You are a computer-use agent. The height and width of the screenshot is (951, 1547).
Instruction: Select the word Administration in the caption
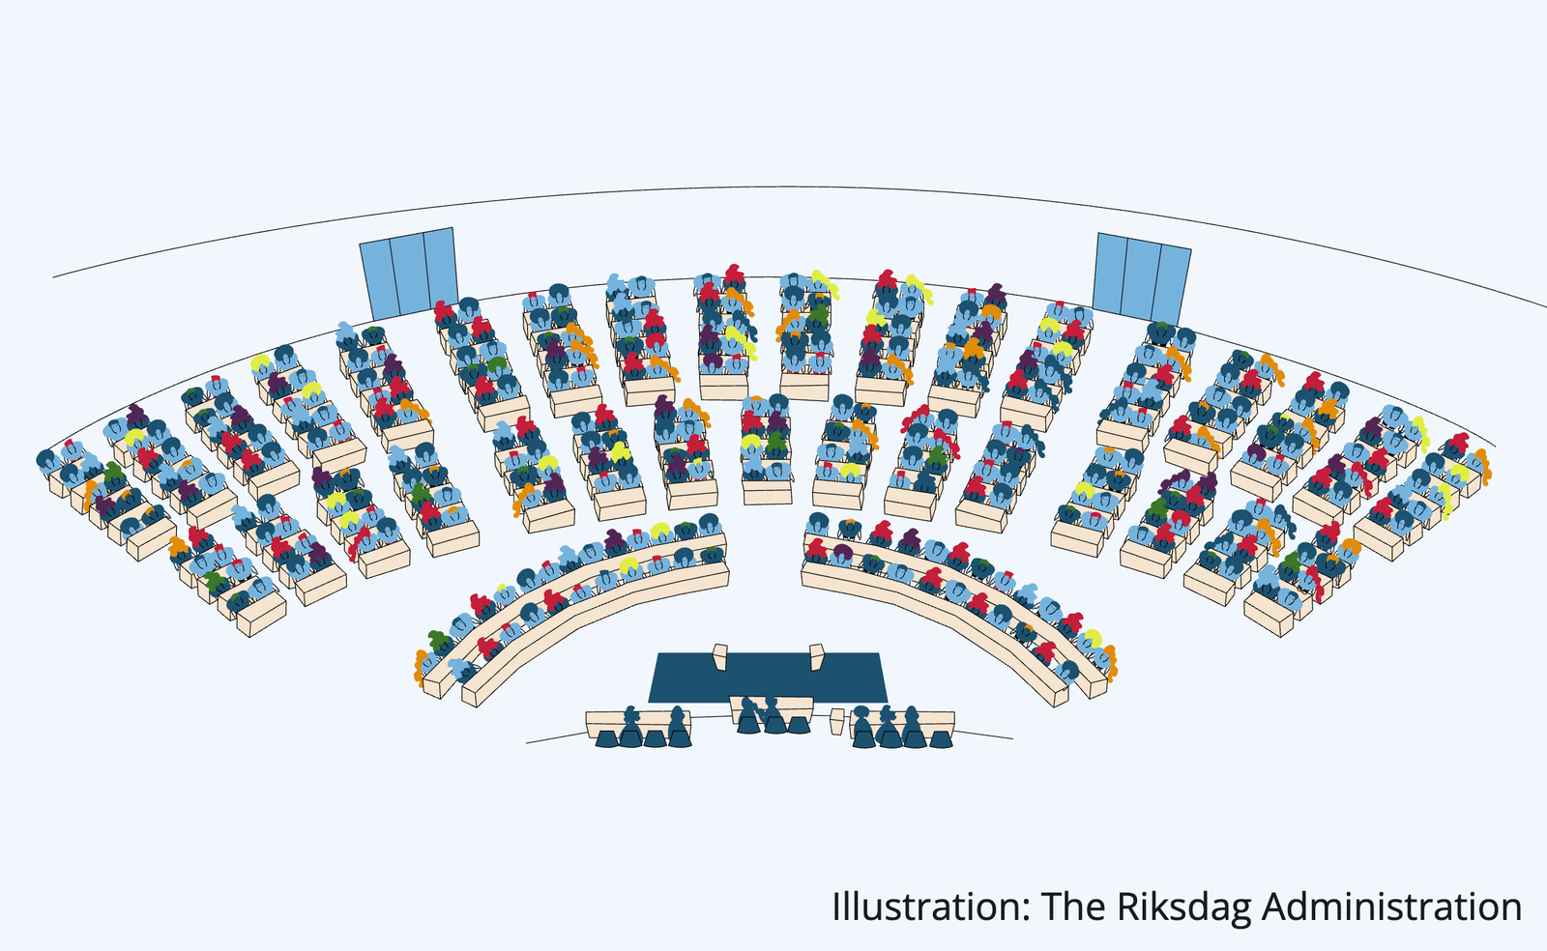point(1391,907)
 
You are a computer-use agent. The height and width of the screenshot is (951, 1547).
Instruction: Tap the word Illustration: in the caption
point(930,907)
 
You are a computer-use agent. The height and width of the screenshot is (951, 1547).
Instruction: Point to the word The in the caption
point(1073,907)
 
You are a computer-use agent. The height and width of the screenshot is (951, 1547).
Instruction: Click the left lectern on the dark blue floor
point(720,656)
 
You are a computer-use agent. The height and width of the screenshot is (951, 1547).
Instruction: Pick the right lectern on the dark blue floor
point(817,656)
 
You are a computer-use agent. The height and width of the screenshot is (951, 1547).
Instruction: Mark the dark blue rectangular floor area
point(768,677)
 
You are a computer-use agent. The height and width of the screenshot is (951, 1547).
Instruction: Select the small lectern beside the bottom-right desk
point(837,721)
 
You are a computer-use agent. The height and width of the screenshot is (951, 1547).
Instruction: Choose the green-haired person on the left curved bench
point(437,642)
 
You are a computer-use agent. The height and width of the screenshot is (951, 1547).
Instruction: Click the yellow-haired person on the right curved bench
point(1092,640)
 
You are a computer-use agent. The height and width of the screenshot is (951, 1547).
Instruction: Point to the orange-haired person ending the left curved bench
point(420,667)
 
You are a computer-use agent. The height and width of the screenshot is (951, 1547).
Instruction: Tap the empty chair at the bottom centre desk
point(799,725)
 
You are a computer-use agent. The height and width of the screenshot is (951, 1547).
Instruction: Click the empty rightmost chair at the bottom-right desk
point(941,739)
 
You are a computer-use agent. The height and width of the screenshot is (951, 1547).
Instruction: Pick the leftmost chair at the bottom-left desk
point(606,738)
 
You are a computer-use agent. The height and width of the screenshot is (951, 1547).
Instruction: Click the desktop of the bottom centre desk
point(771,702)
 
